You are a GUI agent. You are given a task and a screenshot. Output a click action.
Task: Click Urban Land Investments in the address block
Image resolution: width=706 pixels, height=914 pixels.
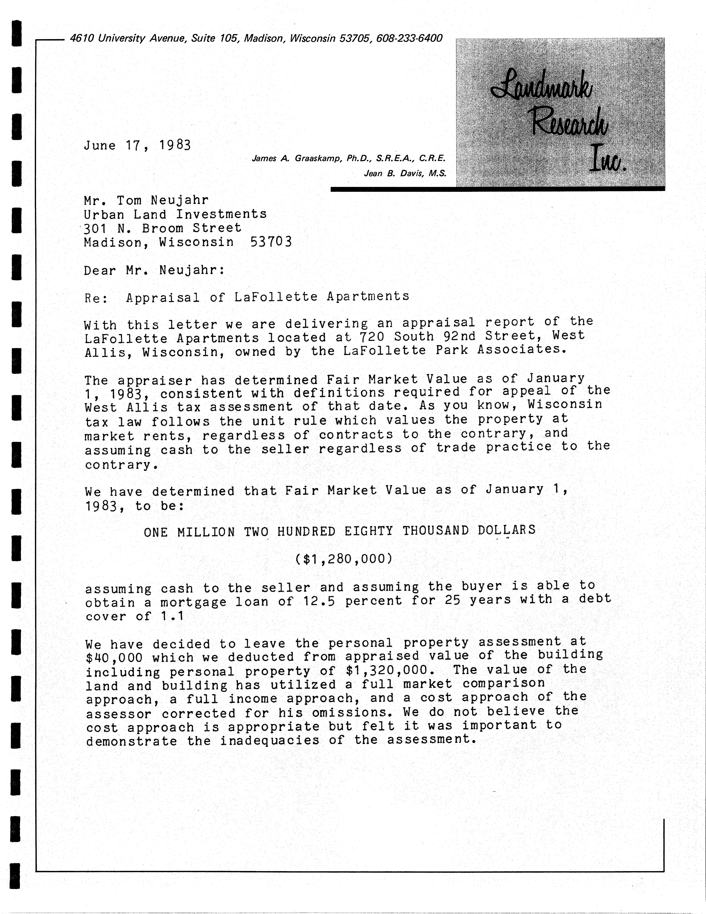point(175,214)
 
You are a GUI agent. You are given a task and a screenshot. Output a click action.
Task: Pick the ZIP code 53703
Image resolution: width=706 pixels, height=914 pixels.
point(270,242)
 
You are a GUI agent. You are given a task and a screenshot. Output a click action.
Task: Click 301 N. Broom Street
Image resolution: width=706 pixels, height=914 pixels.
point(162,228)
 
